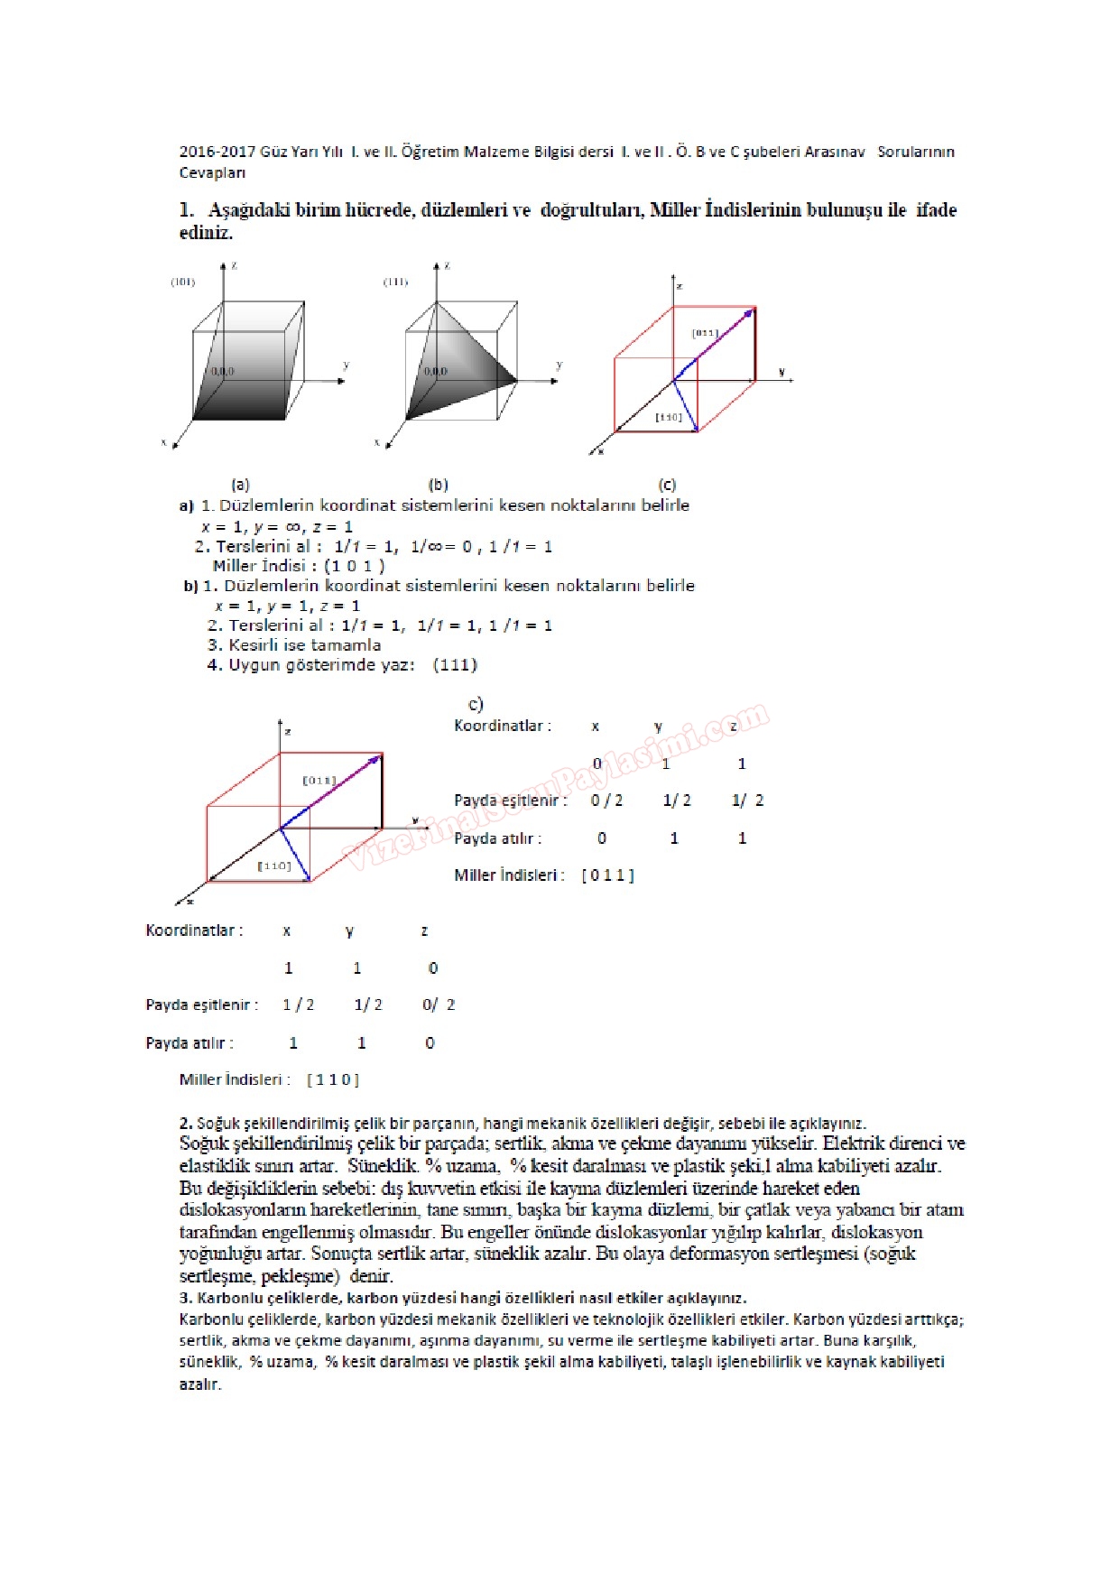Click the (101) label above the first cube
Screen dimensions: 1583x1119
[x=183, y=282]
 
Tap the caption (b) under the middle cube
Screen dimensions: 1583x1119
[x=439, y=485]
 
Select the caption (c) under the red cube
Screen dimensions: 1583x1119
[x=668, y=485]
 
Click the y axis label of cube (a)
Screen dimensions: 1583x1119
[x=346, y=366]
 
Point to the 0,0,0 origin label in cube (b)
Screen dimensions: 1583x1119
[x=435, y=371]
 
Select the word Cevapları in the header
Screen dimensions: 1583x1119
[x=212, y=172]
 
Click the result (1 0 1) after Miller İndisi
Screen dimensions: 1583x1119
[x=355, y=566]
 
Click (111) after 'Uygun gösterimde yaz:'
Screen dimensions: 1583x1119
[x=455, y=665]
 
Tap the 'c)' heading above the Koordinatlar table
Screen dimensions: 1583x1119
[x=476, y=704]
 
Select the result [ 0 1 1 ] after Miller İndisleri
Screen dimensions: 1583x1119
[x=607, y=875]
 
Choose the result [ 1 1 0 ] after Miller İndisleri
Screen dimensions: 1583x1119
[x=332, y=1079]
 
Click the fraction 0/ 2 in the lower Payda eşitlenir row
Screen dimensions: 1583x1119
[x=439, y=1005]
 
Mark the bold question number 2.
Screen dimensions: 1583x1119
[x=185, y=1124]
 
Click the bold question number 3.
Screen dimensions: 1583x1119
[x=185, y=1298]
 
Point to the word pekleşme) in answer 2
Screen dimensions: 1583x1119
[x=300, y=1276]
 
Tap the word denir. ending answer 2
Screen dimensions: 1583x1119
[x=371, y=1276]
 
